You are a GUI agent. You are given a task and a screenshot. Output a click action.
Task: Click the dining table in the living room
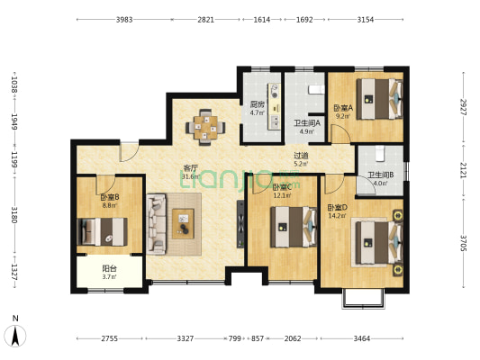coord(205,127)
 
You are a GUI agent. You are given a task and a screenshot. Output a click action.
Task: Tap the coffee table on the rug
coord(183,223)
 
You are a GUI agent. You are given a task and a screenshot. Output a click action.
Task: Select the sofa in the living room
coord(156,224)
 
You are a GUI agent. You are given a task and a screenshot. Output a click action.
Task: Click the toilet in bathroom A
coord(316,90)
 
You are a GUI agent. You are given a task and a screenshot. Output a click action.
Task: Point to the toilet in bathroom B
coord(380,154)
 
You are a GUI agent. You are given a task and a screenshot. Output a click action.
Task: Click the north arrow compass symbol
coord(15,336)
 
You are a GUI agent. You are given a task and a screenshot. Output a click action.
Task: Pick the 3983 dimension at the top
coord(124,20)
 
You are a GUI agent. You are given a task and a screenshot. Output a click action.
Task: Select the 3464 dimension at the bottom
coord(362,338)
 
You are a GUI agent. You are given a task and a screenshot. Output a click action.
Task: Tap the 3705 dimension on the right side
coord(463,243)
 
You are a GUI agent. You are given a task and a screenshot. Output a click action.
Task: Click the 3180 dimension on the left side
coord(14,215)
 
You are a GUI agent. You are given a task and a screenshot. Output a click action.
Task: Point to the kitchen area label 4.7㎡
coord(258,112)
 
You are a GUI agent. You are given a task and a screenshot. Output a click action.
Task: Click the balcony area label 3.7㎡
coord(109,277)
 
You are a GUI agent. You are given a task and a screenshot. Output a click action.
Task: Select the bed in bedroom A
coord(380,99)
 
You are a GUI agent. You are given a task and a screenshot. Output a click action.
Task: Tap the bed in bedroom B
coord(103,231)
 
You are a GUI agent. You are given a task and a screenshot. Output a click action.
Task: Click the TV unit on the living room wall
coord(240,224)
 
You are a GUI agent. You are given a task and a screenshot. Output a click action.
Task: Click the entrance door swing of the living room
coord(129,152)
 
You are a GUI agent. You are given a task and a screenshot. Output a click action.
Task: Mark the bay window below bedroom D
coord(363,298)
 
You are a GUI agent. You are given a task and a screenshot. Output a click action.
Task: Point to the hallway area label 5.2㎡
coord(301,164)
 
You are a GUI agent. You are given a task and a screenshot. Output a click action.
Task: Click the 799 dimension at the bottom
coord(234,338)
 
